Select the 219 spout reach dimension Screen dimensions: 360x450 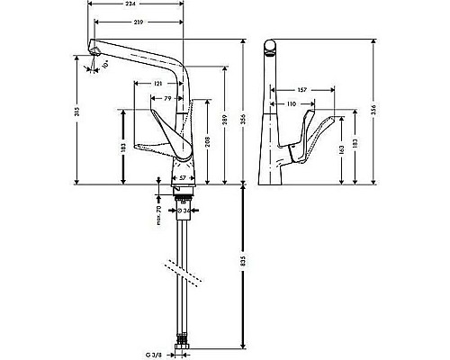(x=138, y=21)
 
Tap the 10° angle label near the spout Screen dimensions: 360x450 (x=105, y=66)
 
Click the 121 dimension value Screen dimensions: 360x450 (x=158, y=84)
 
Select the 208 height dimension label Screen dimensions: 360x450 (x=209, y=141)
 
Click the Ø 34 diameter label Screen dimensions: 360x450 (x=184, y=212)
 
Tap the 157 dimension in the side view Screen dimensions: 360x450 (x=301, y=90)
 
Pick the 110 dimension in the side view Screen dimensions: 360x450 (x=292, y=103)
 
